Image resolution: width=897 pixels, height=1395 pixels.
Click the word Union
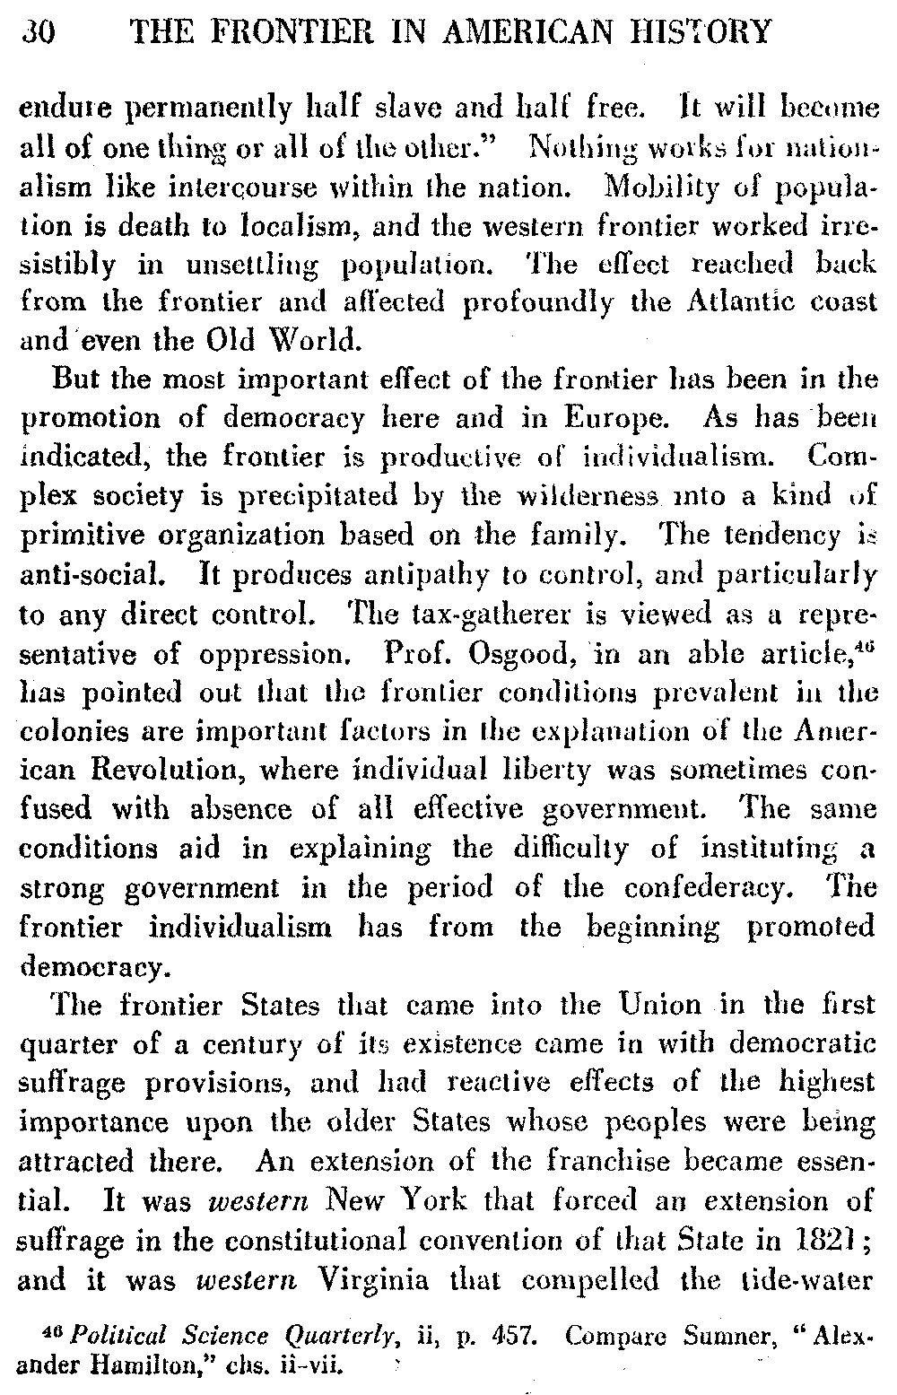tap(655, 1005)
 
